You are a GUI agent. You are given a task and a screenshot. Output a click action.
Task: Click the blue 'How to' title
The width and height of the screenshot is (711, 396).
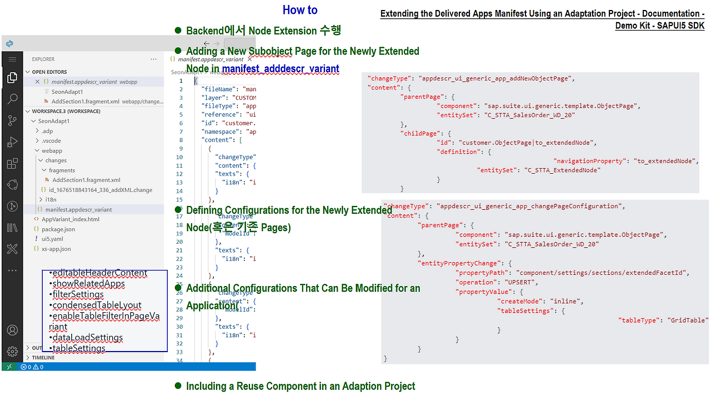coord(300,10)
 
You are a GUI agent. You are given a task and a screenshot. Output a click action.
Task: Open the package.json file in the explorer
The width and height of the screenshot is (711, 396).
coord(58,229)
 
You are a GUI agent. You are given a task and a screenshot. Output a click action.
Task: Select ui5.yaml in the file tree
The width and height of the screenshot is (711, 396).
coord(52,239)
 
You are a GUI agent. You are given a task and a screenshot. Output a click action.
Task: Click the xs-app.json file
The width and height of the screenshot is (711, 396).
coord(56,249)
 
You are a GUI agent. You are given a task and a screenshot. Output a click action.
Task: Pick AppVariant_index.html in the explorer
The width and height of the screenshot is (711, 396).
coord(70,219)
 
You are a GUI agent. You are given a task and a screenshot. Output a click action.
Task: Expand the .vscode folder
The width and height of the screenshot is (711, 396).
coord(51,141)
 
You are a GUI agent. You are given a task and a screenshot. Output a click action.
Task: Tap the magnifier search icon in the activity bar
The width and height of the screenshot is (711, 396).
coord(12,99)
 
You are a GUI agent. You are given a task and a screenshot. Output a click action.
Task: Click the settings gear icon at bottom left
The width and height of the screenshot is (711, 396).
coord(12,352)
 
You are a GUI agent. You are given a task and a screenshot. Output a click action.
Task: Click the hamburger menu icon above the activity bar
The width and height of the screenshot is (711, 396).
coord(12,59)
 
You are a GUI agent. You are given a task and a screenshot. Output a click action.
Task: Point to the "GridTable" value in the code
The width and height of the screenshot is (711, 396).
coord(688,320)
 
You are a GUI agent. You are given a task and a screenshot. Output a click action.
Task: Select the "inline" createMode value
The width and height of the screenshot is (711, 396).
coord(565,302)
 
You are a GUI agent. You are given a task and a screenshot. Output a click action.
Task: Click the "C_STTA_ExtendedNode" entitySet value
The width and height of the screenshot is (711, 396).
coord(562,171)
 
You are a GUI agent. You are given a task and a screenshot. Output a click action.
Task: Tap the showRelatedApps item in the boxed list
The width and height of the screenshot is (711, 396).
coord(88,284)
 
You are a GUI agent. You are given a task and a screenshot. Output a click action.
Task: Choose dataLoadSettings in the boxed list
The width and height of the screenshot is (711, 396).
coord(87,338)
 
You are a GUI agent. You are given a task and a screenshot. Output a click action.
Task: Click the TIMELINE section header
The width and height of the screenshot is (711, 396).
coord(43,358)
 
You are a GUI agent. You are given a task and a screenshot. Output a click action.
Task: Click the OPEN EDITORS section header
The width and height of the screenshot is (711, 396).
coord(49,72)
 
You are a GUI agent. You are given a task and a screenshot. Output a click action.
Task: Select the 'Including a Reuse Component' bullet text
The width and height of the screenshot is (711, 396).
coord(300,386)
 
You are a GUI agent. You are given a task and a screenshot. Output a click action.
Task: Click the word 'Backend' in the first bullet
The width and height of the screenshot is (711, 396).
coord(205,31)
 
